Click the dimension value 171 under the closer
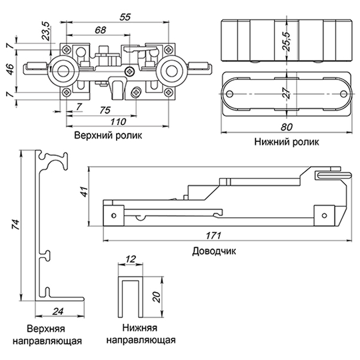tap(213, 235)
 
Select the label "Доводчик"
tap(214, 251)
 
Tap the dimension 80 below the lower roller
tap(287, 127)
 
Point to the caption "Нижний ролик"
tap(287, 142)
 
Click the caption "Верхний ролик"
tap(108, 135)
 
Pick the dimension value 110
tap(118, 121)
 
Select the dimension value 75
tap(105, 110)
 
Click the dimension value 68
tap(100, 30)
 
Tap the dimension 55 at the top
tap(125, 17)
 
